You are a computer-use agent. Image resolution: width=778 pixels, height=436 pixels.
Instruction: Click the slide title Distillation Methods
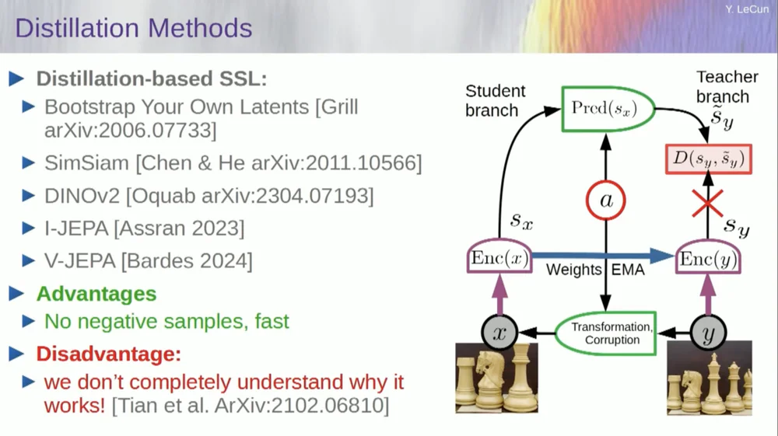[x=133, y=29]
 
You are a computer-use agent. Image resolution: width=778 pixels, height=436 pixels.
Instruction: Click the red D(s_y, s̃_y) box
[x=708, y=159]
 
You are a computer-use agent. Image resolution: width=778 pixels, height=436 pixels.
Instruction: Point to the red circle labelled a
[x=605, y=201]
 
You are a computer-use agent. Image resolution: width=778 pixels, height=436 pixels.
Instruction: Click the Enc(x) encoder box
[x=499, y=259]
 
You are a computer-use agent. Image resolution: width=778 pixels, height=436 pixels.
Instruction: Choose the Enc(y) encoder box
[x=707, y=259]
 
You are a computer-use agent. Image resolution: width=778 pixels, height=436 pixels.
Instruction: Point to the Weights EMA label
[x=595, y=270]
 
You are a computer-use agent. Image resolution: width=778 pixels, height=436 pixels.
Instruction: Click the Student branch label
[x=496, y=101]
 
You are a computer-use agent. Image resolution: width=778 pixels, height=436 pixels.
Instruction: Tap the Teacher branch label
[x=725, y=86]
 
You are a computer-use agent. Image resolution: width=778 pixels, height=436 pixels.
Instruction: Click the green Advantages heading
[x=96, y=294]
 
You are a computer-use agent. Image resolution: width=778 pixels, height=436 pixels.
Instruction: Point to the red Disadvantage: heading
[x=108, y=354]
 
